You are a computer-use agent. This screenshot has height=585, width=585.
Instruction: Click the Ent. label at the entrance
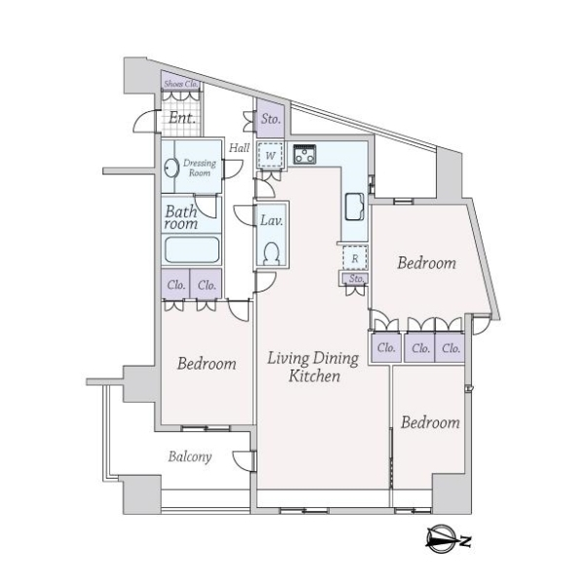(181, 118)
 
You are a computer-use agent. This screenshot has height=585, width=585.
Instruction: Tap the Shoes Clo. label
(181, 84)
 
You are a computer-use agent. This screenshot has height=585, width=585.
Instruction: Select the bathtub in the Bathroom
(192, 250)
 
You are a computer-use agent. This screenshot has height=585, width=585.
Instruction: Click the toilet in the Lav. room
(271, 253)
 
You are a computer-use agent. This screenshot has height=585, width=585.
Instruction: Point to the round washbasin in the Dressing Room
(171, 168)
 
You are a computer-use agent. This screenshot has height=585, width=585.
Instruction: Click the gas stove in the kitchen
(304, 154)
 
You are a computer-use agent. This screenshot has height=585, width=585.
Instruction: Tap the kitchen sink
(354, 207)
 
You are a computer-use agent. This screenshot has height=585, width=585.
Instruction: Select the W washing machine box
(270, 155)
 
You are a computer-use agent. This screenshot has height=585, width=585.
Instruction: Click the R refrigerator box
(355, 257)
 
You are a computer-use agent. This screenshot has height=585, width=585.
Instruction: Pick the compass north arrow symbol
(448, 540)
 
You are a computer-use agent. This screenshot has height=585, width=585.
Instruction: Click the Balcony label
(189, 456)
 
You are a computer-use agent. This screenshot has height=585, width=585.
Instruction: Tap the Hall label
(239, 148)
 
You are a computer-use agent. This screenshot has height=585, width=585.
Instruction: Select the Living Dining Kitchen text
(313, 368)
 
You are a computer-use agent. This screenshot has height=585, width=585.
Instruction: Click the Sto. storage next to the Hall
(271, 119)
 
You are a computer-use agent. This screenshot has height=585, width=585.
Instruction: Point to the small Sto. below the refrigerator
(355, 279)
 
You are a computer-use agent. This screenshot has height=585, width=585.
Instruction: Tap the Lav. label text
(271, 220)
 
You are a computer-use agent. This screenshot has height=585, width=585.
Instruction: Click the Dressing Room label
(200, 168)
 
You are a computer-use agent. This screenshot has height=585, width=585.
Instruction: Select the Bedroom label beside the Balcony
(207, 364)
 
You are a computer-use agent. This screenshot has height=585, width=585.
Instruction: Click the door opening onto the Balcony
(244, 462)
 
